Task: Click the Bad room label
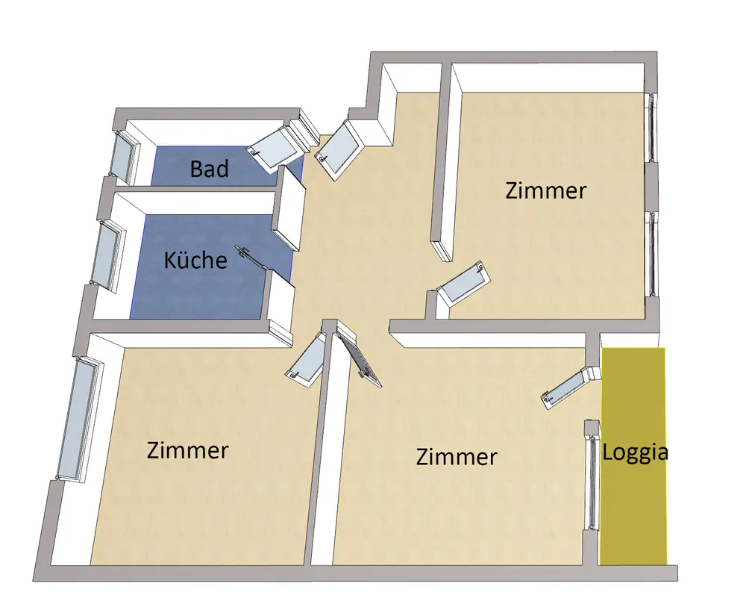click(x=209, y=169)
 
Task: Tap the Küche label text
click(x=195, y=260)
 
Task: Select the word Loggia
click(x=635, y=452)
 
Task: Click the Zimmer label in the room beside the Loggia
click(x=457, y=456)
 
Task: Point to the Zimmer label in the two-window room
click(x=546, y=190)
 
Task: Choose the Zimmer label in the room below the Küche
click(x=187, y=451)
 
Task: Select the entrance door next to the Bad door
click(x=339, y=149)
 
